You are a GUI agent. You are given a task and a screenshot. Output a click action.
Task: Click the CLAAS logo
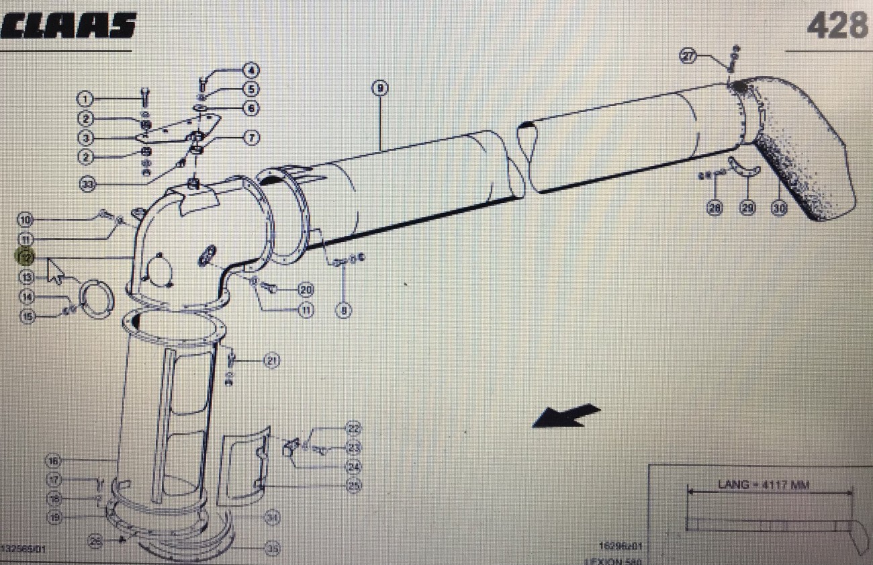[68, 26]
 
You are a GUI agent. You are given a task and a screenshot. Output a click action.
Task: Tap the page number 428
[837, 26]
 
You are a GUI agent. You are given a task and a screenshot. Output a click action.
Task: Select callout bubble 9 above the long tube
[379, 88]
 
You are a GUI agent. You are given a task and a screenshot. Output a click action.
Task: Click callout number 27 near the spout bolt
[688, 56]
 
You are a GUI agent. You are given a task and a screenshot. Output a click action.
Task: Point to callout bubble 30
[778, 208]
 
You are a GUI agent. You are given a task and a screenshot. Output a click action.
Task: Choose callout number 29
[747, 208]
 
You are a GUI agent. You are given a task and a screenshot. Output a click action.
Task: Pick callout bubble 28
[714, 208]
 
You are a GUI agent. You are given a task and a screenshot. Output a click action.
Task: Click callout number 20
[306, 290]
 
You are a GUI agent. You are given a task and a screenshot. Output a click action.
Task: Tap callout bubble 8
[344, 311]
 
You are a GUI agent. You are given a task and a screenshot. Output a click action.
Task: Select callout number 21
[271, 361]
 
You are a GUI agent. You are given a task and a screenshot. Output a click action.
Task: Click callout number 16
[53, 461]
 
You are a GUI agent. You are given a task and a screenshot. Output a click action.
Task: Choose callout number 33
[87, 183]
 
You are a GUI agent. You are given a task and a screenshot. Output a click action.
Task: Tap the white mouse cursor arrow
[56, 271]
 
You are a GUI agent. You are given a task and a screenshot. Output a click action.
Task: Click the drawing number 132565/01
[24, 549]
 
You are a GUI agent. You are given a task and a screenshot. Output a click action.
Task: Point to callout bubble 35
[272, 549]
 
